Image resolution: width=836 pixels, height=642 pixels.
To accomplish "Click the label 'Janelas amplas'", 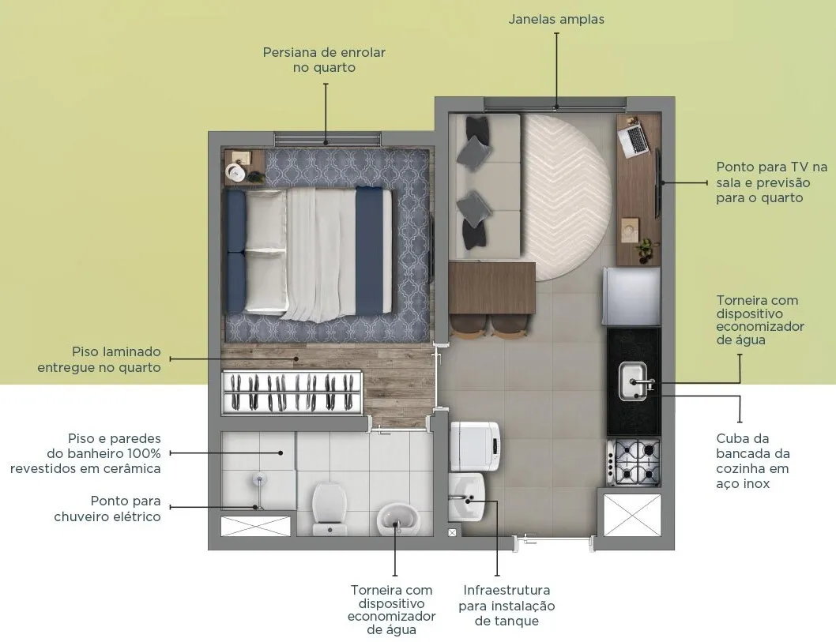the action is tap(556, 19).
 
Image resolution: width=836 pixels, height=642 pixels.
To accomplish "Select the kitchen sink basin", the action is tap(633, 381).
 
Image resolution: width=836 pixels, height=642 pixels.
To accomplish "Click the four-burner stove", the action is tap(634, 462).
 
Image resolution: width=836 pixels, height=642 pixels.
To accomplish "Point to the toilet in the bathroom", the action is tap(330, 509).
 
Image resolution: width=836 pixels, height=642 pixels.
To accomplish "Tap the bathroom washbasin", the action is tap(397, 520).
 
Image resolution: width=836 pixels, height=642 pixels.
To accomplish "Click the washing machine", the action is tap(476, 446).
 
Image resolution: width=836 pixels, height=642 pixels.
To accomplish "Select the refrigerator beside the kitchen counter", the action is tap(632, 295).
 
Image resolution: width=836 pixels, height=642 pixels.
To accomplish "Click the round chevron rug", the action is tap(567, 197).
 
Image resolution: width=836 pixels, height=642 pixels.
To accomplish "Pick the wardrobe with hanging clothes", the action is tap(292, 392).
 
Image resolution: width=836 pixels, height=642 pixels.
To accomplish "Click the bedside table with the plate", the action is tap(244, 167).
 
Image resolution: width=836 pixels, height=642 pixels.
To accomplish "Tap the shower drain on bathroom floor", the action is tap(259, 479).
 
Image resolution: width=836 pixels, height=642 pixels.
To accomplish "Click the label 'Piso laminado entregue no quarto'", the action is tap(100, 359).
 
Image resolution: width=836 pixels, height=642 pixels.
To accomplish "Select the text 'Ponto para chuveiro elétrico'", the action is tap(107, 509).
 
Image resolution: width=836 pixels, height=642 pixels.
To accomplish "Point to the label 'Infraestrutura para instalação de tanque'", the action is tap(506, 605).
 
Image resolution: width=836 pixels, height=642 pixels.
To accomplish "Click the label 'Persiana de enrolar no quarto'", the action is tap(324, 60).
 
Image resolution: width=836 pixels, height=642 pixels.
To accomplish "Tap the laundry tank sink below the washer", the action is tap(467, 497).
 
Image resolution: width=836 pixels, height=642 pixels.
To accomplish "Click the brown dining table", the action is tap(492, 287).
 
